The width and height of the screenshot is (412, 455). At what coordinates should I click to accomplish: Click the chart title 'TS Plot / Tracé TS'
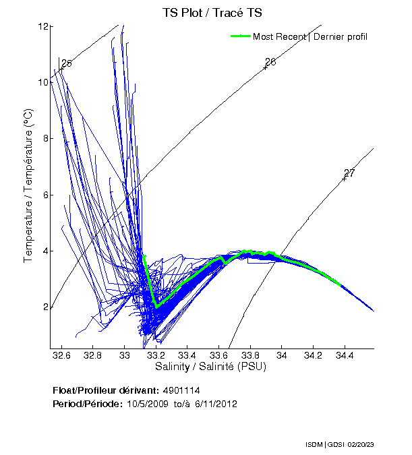point(212,12)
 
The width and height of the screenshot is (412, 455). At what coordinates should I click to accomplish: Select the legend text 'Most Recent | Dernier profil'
point(310,36)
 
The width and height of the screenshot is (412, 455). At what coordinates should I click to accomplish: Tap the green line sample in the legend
point(240,36)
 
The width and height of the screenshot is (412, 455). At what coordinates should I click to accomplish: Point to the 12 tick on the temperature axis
point(42,26)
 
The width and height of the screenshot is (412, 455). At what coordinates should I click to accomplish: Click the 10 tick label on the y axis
point(42,82)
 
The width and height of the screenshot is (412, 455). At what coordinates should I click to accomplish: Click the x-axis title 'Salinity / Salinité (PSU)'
point(211,367)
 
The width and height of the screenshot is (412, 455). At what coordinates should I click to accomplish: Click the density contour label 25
point(66,64)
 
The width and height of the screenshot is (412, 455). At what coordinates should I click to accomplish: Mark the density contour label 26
point(270,62)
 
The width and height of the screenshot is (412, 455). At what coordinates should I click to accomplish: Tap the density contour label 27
point(349,173)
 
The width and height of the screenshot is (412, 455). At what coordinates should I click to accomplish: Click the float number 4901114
point(181,391)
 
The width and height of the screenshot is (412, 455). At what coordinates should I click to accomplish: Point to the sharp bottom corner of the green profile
point(156,307)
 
